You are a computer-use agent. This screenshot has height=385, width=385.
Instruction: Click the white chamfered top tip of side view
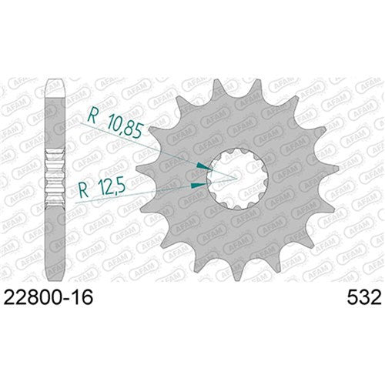[x=55, y=82]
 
